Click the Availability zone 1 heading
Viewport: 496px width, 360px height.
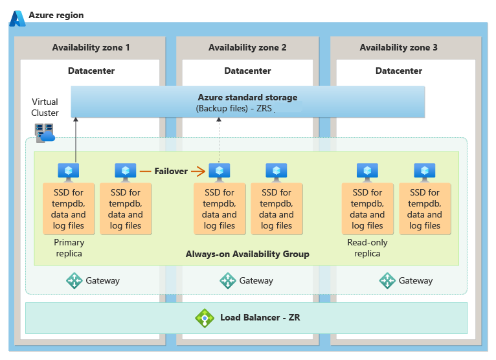pos(91,47)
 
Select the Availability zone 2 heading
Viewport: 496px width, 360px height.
pos(247,47)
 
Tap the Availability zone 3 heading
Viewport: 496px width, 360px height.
pos(398,47)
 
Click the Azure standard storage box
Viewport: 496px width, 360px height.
pos(247,102)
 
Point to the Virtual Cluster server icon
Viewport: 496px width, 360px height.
pos(45,133)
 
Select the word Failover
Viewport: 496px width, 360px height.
pos(171,172)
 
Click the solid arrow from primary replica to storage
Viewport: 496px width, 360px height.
pos(76,139)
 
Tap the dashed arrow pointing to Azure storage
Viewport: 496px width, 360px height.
pos(219,139)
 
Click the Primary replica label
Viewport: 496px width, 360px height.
pos(69,248)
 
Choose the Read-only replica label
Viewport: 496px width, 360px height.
pos(367,248)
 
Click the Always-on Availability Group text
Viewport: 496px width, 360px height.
pos(247,254)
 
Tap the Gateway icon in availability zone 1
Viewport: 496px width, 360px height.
pos(75,280)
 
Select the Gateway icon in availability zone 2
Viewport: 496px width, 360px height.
pos(227,280)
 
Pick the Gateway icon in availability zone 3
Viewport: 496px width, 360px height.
pos(387,280)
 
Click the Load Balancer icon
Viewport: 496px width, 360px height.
pos(205,317)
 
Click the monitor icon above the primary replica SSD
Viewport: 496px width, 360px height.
pos(69,172)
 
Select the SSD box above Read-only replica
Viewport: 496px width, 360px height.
pos(367,208)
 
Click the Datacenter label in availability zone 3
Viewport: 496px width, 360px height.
pos(398,71)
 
